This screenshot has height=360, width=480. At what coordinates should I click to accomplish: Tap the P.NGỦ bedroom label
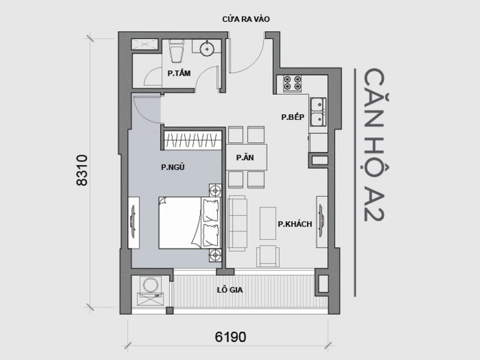[x=172, y=167]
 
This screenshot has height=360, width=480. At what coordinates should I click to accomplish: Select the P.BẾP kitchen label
[x=291, y=117]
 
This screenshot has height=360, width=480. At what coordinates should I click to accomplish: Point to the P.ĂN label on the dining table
[x=245, y=158]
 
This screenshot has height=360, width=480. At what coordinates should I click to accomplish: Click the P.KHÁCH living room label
[x=295, y=224]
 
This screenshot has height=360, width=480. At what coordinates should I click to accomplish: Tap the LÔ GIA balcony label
[x=230, y=290]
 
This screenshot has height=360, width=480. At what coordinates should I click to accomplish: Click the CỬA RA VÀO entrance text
[x=246, y=19]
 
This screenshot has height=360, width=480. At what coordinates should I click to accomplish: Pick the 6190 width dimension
[x=231, y=337]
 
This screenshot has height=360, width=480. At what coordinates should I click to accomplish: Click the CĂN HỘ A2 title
[x=373, y=146]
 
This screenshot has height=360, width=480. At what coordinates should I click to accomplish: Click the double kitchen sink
[x=318, y=112]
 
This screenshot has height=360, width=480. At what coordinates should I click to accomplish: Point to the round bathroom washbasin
[x=207, y=48]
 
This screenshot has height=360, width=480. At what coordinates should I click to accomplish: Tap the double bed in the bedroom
[x=189, y=222]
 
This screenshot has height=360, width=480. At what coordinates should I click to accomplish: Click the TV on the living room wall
[x=322, y=218]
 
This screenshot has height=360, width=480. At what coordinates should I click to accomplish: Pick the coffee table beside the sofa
[x=268, y=223]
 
